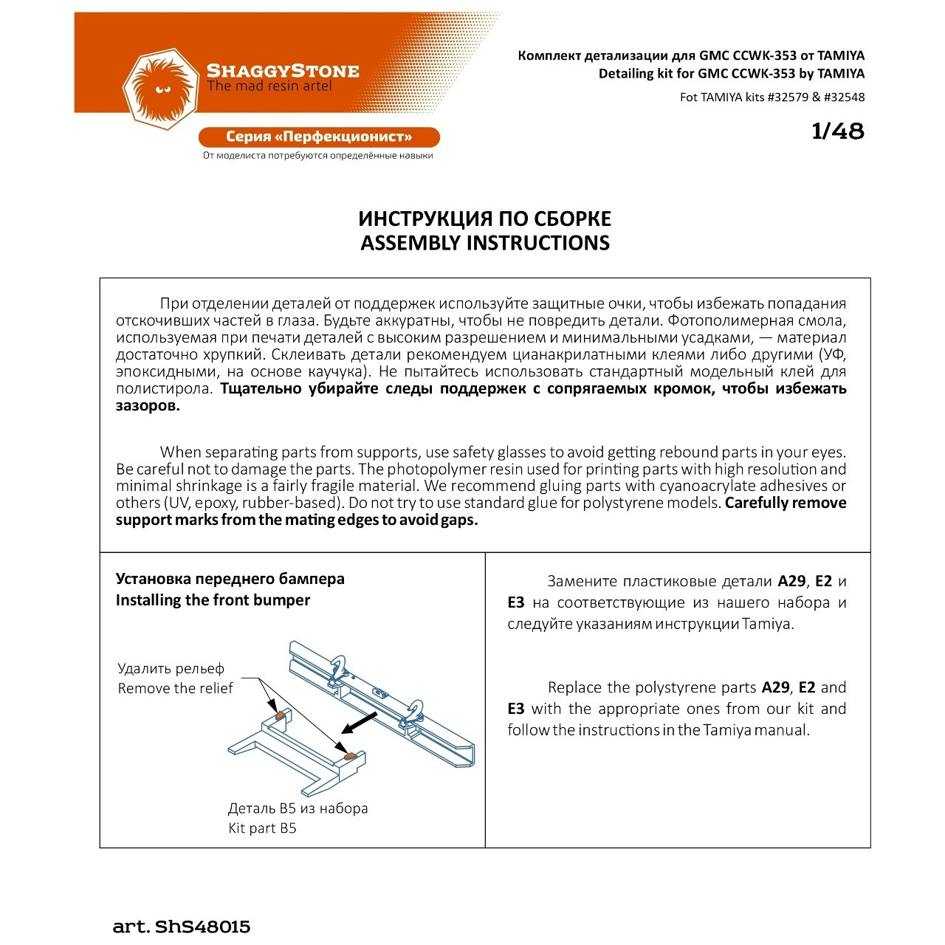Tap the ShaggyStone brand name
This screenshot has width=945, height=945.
coord(283,71)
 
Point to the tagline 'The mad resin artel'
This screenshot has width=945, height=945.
coord(269,86)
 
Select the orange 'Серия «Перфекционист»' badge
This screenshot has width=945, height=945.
coord(319,137)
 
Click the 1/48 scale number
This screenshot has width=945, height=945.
coord(837,131)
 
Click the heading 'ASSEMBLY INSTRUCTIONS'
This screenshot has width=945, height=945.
coord(485,243)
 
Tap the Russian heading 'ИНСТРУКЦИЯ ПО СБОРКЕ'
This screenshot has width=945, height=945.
coord(485,219)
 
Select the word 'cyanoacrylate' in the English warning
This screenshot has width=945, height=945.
coord(708,486)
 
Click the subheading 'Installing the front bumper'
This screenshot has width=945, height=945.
coord(213,600)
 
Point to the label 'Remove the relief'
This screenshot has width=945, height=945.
coord(175,689)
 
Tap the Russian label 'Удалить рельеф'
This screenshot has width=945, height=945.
coord(171,669)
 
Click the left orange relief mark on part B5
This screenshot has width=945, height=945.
coord(280,716)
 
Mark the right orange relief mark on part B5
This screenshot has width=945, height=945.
coord(351,755)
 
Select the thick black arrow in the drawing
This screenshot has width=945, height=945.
coord(360,724)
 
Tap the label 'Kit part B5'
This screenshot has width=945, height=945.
coord(262,828)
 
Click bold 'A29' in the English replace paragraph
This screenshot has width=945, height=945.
coord(775,687)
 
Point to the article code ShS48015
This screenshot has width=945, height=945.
coord(202,927)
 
